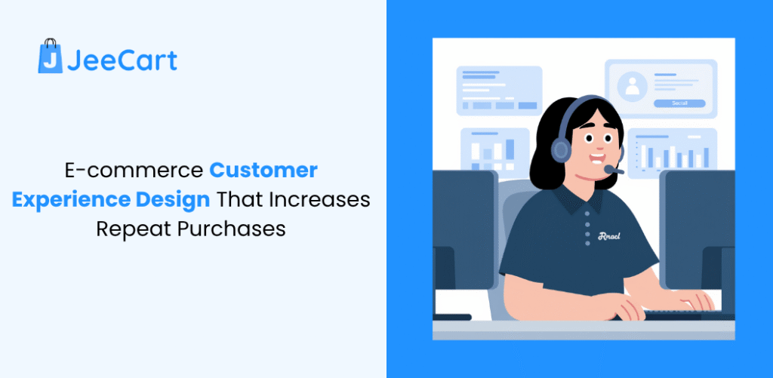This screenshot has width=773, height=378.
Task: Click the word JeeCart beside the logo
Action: [122, 59]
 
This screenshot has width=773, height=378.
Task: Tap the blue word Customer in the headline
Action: [263, 171]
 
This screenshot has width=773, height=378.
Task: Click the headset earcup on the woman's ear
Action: [561, 149]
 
